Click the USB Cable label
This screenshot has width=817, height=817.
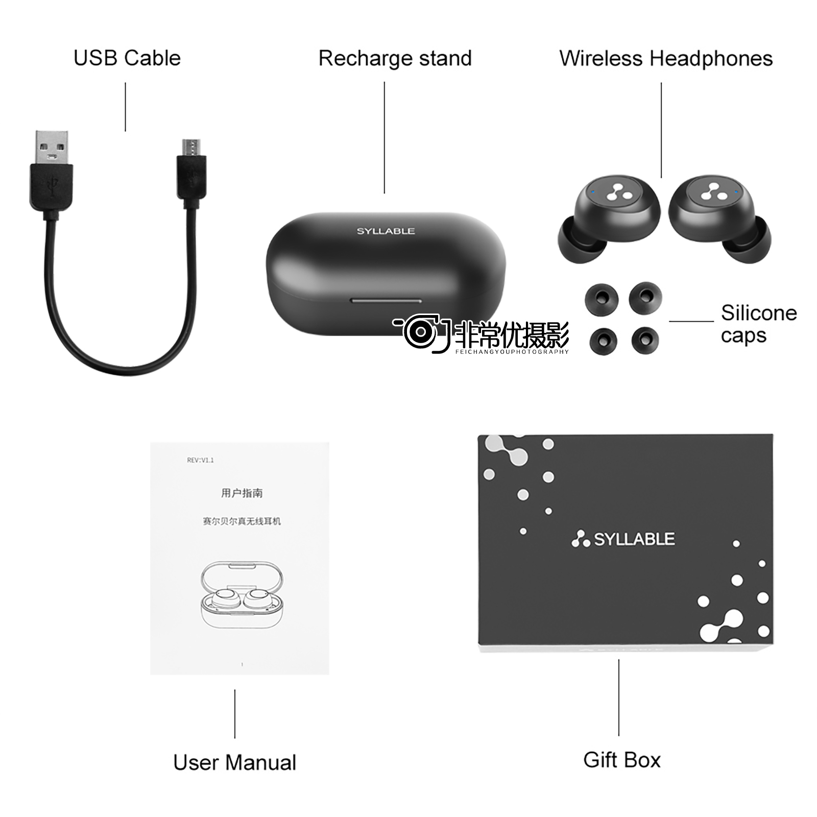click(x=127, y=58)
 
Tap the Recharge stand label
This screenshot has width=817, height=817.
click(x=395, y=58)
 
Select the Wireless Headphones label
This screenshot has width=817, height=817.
click(x=666, y=58)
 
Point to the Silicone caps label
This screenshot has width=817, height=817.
click(x=759, y=324)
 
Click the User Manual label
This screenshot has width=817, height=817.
click(x=234, y=762)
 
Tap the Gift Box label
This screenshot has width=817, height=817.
click(x=622, y=760)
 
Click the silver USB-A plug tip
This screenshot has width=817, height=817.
click(x=52, y=148)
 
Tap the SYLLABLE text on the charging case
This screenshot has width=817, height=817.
click(x=386, y=231)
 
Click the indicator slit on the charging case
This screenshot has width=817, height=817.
click(x=386, y=301)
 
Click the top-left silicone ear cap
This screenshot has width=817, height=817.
click(x=602, y=300)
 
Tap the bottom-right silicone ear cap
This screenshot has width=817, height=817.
click(x=645, y=340)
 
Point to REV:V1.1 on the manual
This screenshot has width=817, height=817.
click(x=200, y=460)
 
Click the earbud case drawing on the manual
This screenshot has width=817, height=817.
click(x=241, y=595)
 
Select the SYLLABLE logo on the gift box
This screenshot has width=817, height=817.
click(x=623, y=539)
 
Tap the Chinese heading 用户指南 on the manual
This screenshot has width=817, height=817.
click(x=242, y=493)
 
